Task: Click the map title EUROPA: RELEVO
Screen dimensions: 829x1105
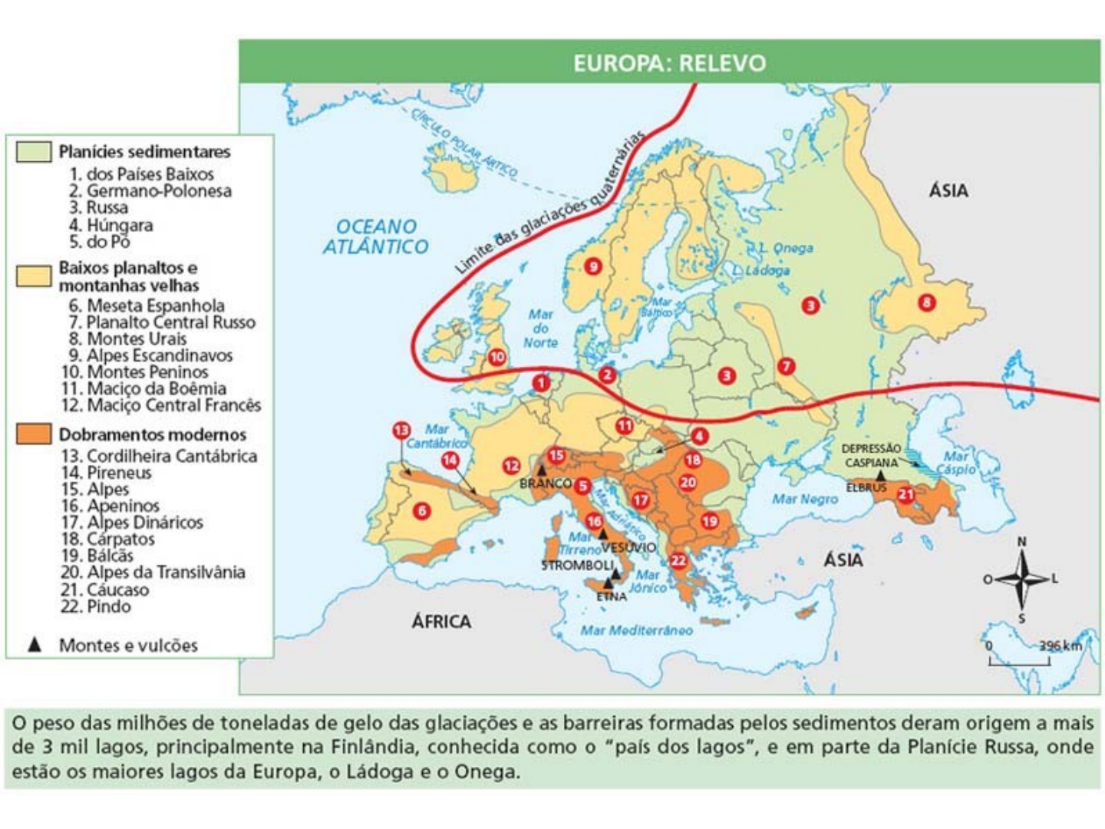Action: pos(669,62)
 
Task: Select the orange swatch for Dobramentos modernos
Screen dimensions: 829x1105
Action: pos(34,434)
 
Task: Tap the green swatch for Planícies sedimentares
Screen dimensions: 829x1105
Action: pos(34,151)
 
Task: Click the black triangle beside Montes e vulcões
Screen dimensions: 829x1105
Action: pos(35,645)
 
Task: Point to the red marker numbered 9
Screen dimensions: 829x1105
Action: pos(592,266)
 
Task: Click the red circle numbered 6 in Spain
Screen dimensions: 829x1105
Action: pos(421,510)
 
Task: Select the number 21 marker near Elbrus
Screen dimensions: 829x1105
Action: pos(906,494)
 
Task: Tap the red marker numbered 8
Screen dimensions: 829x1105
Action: pos(927,302)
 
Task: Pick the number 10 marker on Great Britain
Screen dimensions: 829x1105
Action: pos(497,357)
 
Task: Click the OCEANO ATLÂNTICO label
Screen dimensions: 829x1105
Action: pos(375,236)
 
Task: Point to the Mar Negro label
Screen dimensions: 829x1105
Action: pos(804,499)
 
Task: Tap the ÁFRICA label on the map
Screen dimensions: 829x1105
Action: pos(441,621)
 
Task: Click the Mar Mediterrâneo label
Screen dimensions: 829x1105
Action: pos(636,630)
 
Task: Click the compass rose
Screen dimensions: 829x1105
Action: pos(1021,579)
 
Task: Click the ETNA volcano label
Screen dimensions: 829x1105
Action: pos(612,596)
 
